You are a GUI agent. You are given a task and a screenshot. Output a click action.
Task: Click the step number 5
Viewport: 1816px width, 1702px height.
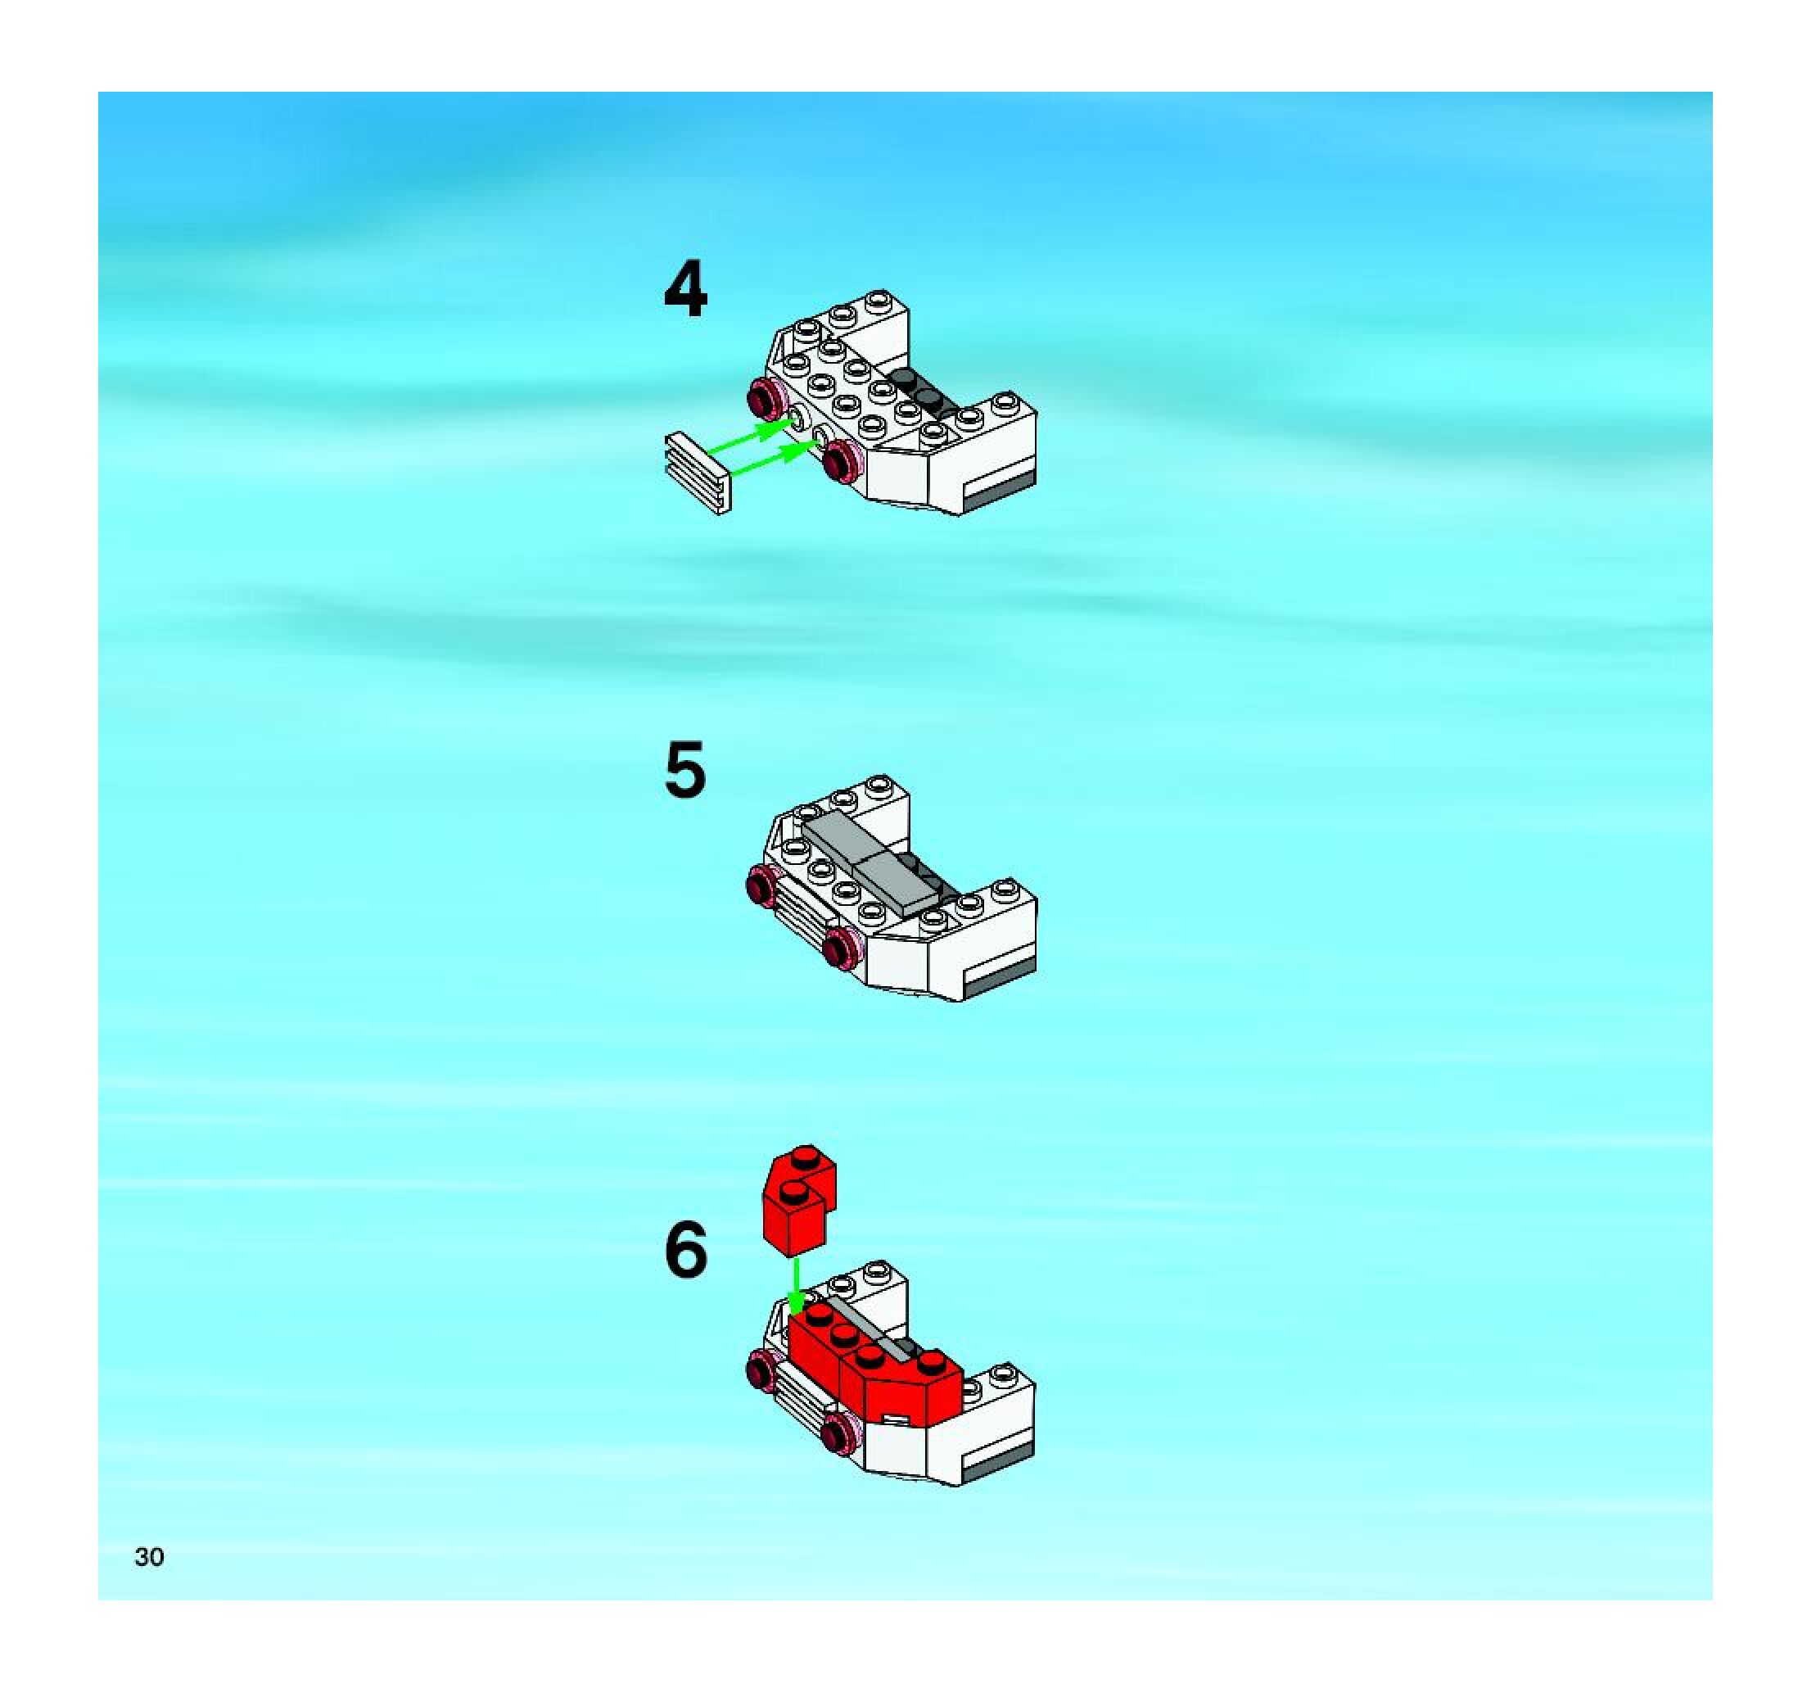pos(685,769)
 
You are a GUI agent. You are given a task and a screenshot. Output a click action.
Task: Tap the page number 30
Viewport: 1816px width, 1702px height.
pos(149,1557)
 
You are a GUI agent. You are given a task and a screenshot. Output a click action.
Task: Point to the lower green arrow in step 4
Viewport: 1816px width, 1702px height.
pos(775,459)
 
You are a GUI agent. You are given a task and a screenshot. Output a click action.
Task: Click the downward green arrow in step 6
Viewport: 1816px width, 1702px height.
pos(797,1286)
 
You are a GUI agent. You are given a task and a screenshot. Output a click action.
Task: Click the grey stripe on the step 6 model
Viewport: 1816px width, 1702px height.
pos(1000,1462)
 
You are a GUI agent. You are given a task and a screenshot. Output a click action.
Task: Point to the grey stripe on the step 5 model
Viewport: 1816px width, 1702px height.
pos(1001,979)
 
